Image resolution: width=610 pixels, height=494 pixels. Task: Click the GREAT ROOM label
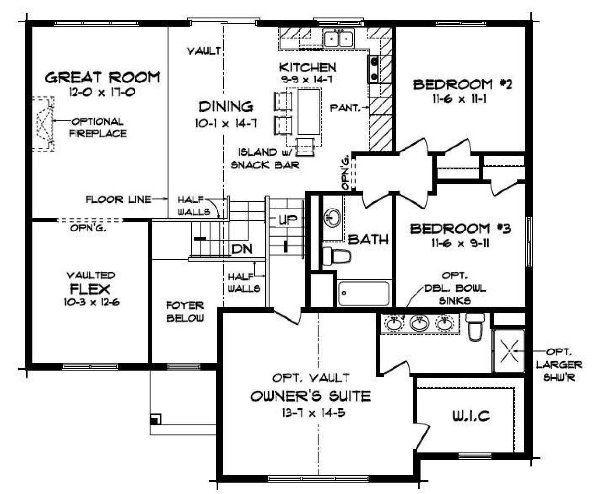[x=102, y=77]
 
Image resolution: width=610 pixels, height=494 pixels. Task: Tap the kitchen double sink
[x=339, y=39]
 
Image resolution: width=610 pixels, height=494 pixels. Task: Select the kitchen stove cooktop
[x=374, y=69]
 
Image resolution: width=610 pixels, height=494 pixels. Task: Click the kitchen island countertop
[x=309, y=112]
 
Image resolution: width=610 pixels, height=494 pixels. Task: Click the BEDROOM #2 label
[x=462, y=85]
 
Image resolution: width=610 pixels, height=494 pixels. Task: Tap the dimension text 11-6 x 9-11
[x=460, y=243]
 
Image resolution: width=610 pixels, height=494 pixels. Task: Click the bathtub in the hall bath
[x=364, y=294]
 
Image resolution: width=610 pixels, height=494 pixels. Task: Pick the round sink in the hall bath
[x=333, y=217]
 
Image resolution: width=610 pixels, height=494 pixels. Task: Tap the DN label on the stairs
[x=242, y=249]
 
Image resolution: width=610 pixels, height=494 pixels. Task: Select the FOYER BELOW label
[x=185, y=312]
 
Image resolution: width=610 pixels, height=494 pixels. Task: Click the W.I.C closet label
[x=471, y=416]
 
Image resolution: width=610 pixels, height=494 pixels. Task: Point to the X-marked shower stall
[x=508, y=351]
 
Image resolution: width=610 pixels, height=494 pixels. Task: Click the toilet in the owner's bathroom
[x=475, y=326]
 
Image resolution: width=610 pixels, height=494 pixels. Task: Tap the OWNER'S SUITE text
[x=311, y=396]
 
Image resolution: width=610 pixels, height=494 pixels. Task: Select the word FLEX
[x=90, y=289]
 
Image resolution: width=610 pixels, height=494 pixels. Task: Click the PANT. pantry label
[x=345, y=108]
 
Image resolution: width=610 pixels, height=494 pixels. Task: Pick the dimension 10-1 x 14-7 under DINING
[x=226, y=123]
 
